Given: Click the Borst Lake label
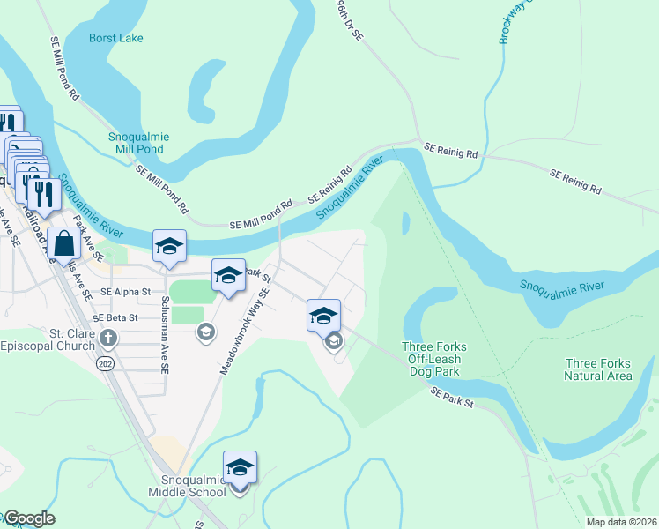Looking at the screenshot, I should pos(116,38).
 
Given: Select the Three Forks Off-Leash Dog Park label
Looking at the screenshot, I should pos(433,359).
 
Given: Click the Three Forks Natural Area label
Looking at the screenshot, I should pos(598,369).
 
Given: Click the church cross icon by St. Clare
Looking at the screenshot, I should pos(107,338).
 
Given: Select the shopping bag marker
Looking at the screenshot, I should pos(65,242).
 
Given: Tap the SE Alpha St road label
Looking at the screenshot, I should pos(126,291).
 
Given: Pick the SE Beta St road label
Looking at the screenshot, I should pos(115,317).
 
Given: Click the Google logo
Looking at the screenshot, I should pos(28,518).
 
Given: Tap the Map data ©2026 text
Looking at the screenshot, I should pos(621,522).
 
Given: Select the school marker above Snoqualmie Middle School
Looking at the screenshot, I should pos(240,467).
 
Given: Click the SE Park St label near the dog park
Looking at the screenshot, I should pos(453,397).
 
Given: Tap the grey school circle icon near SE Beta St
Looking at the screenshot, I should pos(206,332).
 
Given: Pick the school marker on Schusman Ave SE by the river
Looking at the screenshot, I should pos(169,246).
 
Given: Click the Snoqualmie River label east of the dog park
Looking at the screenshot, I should pos(561,287).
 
